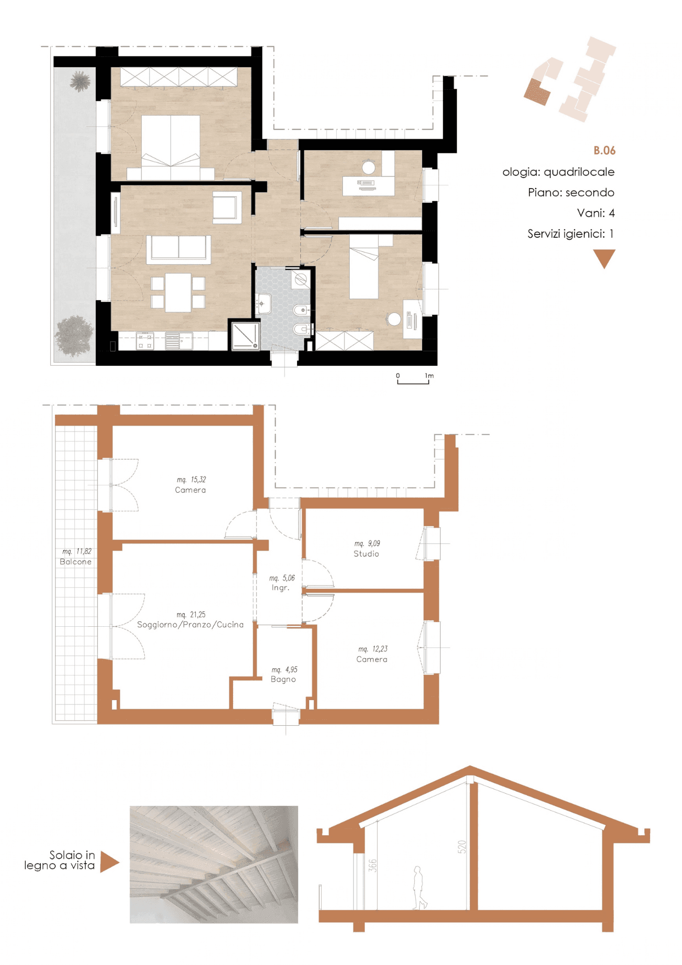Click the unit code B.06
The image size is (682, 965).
[x=604, y=151]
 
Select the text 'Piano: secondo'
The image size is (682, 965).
[x=571, y=193]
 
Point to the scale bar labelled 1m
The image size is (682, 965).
[x=413, y=382]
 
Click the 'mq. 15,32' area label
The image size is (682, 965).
[x=191, y=480]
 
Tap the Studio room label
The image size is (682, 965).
[x=366, y=554]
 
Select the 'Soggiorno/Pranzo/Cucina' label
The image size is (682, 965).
[x=190, y=625]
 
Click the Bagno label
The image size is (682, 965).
[x=283, y=679]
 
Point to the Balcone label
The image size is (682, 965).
[x=76, y=562]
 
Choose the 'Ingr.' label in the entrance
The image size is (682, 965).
[x=280, y=588]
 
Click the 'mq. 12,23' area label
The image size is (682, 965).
[x=372, y=649]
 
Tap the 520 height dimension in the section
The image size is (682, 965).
[x=462, y=847]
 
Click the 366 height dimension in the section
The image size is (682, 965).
[x=372, y=866]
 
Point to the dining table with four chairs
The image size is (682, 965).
[x=178, y=292]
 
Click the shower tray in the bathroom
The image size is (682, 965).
[x=246, y=335]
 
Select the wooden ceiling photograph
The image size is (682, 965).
[x=214, y=865]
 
